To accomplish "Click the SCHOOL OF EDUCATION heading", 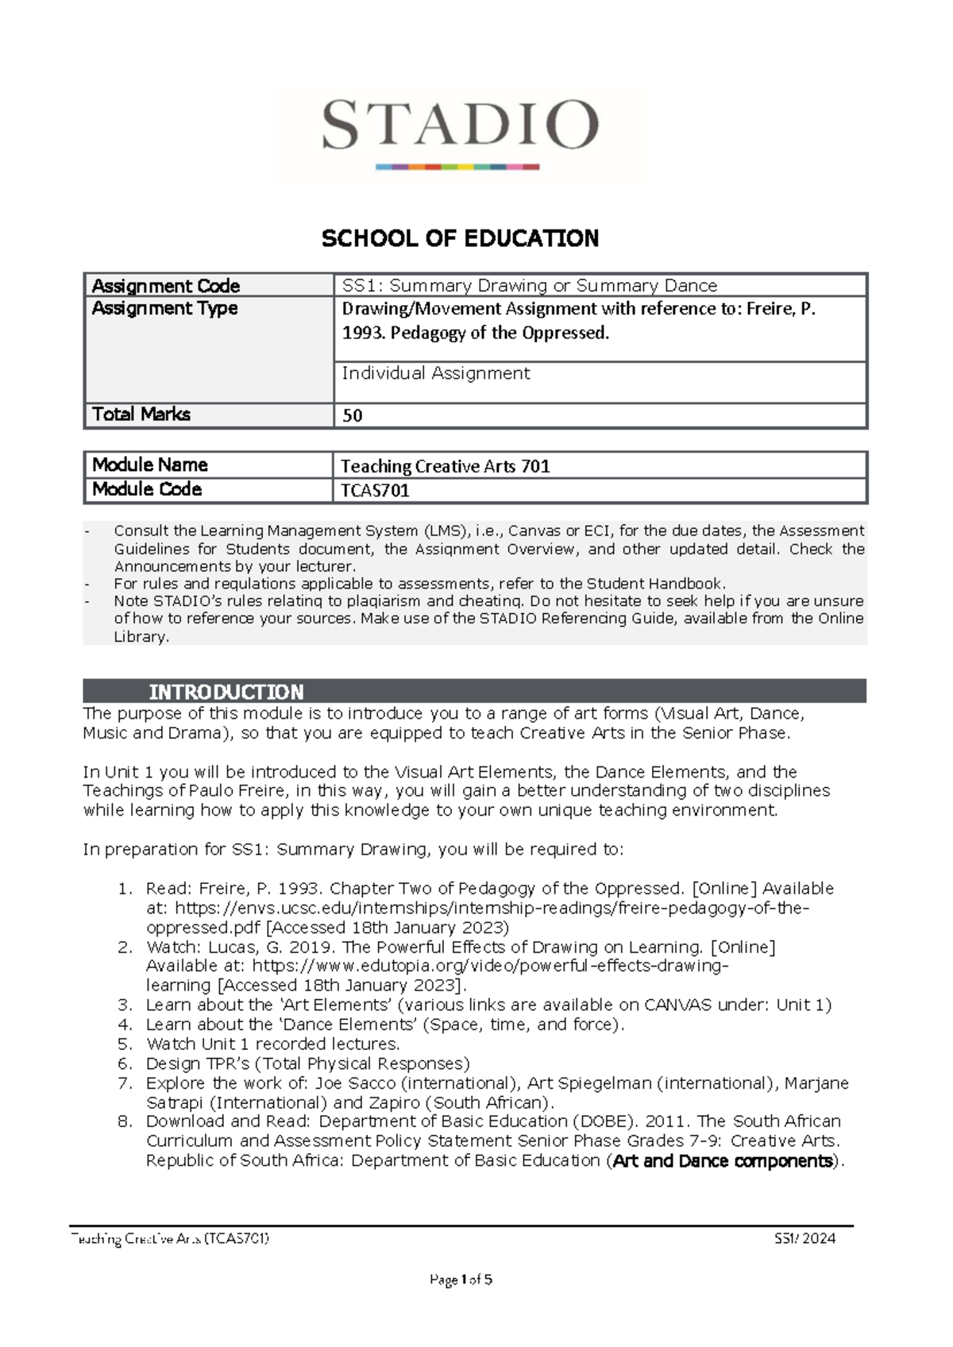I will [x=460, y=238].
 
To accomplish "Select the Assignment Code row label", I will [x=166, y=286].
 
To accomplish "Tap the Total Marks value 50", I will [x=352, y=415].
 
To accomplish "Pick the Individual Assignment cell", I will [x=435, y=373].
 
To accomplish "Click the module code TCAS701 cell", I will [x=375, y=490].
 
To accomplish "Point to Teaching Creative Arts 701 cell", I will [x=445, y=466].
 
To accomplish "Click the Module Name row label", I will [x=150, y=465].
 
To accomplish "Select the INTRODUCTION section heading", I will [x=226, y=692].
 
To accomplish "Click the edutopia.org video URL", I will [x=489, y=966].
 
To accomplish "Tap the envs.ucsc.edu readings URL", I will [x=492, y=908].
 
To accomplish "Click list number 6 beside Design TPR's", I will [x=125, y=1063].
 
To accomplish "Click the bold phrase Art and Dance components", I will [x=723, y=1161].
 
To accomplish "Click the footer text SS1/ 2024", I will [x=805, y=1238].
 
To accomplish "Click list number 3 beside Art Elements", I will [x=125, y=1005].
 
